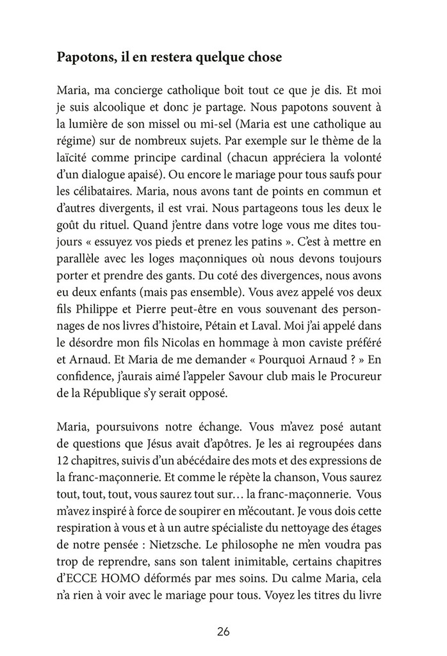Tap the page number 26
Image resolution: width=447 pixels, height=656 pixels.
click(223, 632)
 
